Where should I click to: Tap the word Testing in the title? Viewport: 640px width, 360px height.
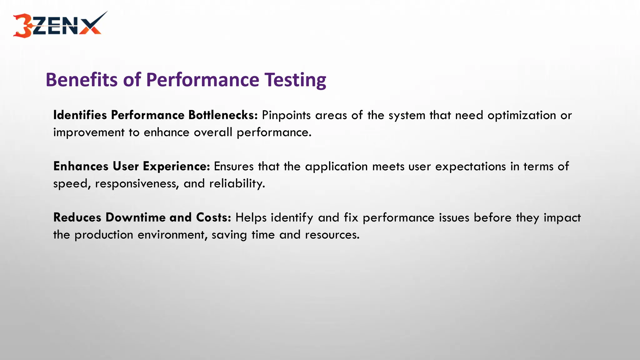click(295, 80)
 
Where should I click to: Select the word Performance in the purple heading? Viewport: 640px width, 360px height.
click(202, 80)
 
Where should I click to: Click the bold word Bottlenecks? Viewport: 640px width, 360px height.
click(223, 115)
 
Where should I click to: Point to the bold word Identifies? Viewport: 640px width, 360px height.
click(80, 115)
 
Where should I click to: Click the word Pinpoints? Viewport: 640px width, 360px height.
click(286, 115)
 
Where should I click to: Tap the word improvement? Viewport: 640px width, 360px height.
click(89, 132)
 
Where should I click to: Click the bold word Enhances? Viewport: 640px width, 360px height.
click(81, 166)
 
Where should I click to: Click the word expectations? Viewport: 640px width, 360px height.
click(470, 166)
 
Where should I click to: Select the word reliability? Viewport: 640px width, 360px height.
click(237, 183)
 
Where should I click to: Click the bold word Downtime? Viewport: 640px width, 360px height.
click(136, 217)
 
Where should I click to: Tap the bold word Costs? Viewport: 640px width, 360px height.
click(213, 217)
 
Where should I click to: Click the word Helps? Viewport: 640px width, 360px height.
click(251, 217)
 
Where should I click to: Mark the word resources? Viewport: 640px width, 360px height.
click(332, 235)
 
